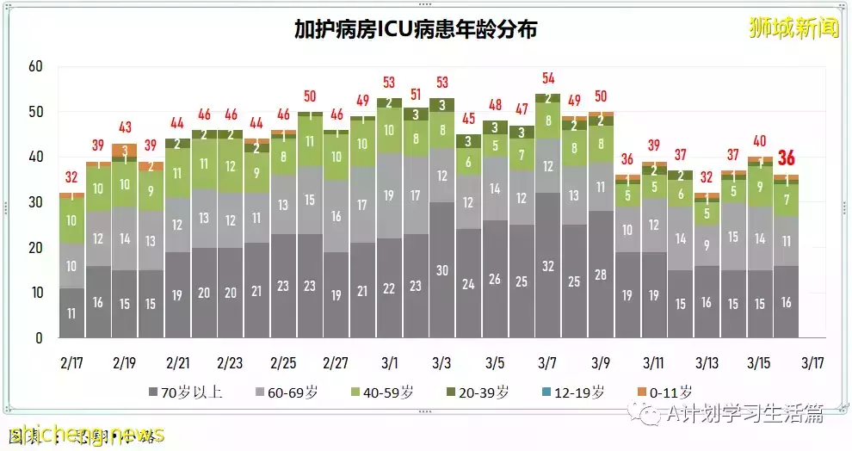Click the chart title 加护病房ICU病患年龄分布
tap(416, 30)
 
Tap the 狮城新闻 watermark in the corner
tap(793, 28)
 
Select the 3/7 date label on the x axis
tap(547, 362)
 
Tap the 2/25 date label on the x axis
tap(284, 362)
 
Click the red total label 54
tap(548, 78)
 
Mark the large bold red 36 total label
tap(786, 158)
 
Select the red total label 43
tap(125, 127)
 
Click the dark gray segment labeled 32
tap(548, 265)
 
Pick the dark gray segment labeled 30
tap(442, 269)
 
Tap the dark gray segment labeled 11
tap(71, 313)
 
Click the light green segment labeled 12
tap(231, 166)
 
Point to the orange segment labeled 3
tap(125, 151)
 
